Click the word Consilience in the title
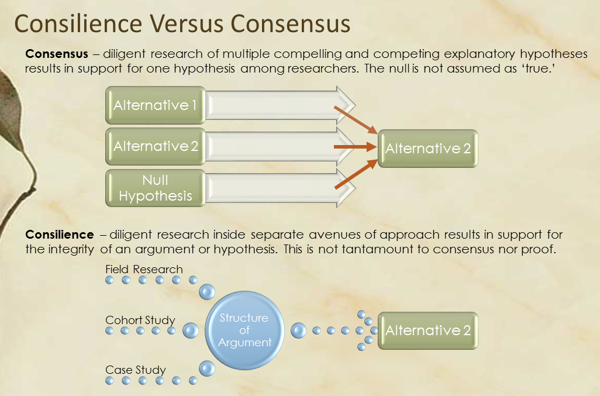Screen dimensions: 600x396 [78, 23]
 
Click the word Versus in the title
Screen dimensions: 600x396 [187, 23]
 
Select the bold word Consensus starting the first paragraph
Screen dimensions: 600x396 [57, 54]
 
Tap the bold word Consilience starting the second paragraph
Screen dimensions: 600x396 [59, 234]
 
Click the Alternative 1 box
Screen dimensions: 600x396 [156, 105]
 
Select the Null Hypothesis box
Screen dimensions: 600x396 [156, 188]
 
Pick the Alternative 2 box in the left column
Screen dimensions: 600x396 [156, 147]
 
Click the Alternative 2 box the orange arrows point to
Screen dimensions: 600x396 [428, 149]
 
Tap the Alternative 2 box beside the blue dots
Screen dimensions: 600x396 [428, 330]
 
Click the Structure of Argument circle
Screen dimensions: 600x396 [244, 330]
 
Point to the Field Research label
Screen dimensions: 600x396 [144, 269]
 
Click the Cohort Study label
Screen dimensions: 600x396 [140, 320]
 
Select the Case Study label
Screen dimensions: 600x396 [136, 370]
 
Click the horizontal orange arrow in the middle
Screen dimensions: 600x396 [356, 147]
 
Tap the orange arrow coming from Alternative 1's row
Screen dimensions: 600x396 [356, 120]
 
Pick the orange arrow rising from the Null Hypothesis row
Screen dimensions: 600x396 [356, 174]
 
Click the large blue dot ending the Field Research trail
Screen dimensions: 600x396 [207, 292]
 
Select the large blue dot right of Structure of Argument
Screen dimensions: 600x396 [298, 330]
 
